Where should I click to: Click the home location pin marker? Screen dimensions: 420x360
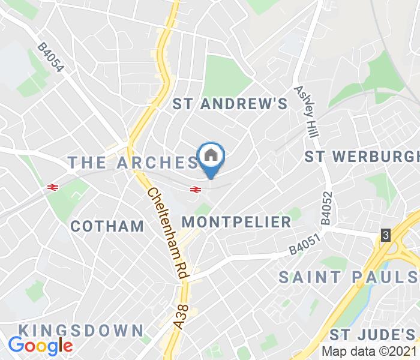click(211, 158)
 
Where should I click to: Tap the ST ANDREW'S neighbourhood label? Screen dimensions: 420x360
click(230, 104)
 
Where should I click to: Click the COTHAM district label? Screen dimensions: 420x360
click(107, 226)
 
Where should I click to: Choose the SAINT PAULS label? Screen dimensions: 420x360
click(349, 277)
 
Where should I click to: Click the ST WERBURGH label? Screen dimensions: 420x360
click(362, 157)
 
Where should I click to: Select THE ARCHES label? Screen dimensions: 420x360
click(133, 162)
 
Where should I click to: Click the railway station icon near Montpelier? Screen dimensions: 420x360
click(195, 190)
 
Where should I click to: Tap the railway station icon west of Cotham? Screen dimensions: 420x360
click(52, 188)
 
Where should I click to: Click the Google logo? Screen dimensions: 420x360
click(41, 346)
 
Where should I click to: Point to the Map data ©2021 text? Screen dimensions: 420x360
click(369, 351)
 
